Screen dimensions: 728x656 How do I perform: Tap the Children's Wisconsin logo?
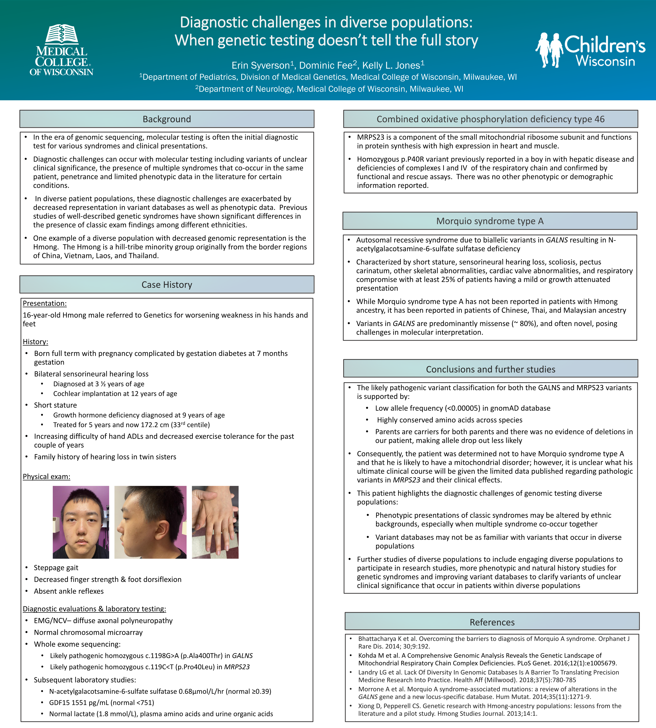pos(590,50)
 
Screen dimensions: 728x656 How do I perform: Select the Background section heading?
pos(167,119)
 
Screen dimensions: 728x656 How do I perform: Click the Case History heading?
pos(167,285)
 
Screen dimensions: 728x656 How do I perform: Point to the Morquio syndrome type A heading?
pos(490,221)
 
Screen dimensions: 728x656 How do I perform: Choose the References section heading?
pos(492,622)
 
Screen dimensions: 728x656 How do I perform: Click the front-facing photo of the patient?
pos(81,522)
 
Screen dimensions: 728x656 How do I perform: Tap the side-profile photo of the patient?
pos(150,522)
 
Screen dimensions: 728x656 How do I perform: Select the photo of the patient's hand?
pos(215,522)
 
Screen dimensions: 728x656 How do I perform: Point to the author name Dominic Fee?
pos(326,66)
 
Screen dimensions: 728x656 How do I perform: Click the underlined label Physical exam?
pos(47,477)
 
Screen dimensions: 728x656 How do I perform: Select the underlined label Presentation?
pos(45,304)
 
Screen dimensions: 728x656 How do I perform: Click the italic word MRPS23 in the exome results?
pos(237,667)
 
